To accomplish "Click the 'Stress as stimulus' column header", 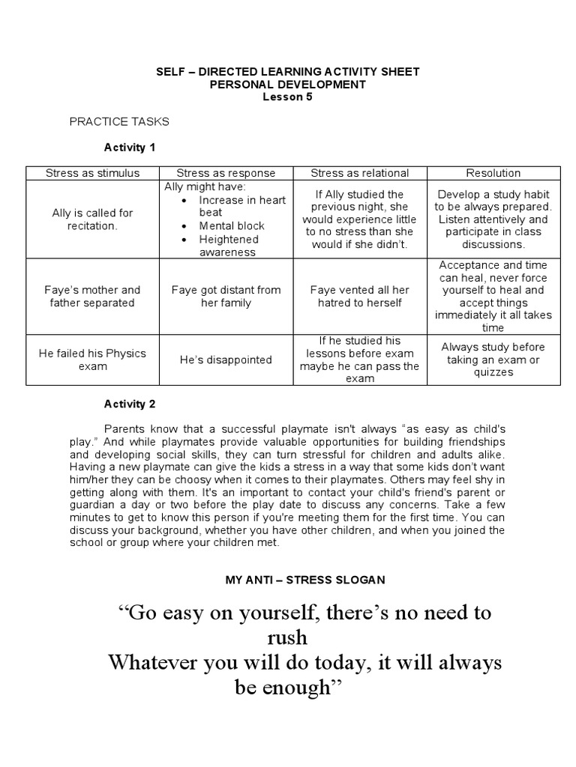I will click(x=92, y=173).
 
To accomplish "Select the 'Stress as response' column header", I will click(x=226, y=173).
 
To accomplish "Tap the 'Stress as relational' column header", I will click(x=359, y=173).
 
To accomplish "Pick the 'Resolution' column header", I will click(x=493, y=173).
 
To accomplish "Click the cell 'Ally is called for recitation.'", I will click(x=92, y=219).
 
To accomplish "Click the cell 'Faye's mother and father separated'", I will click(x=92, y=296).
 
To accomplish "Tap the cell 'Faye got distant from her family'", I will click(x=226, y=296).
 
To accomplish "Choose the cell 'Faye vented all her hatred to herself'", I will click(x=359, y=296).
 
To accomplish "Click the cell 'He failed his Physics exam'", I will click(x=92, y=360).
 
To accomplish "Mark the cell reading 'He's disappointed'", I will click(x=226, y=360).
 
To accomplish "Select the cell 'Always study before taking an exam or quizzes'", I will click(x=493, y=360).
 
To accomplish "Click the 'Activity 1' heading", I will click(x=129, y=147).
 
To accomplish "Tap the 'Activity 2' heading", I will click(x=129, y=404).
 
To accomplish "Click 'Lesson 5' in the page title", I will click(x=287, y=97).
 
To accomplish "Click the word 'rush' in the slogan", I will click(x=287, y=638).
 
